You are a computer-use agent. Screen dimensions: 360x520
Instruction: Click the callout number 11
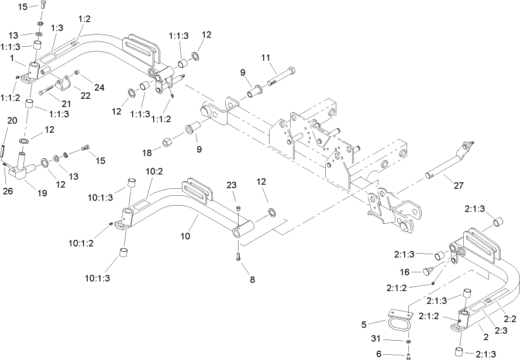tap(266, 57)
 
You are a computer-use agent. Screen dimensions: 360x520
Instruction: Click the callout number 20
tap(11, 121)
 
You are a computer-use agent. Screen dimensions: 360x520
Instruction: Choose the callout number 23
tap(232, 185)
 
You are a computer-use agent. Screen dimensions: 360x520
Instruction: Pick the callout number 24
tap(99, 88)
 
